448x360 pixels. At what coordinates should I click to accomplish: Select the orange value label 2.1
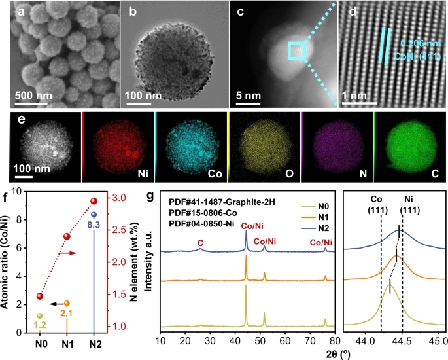(67, 314)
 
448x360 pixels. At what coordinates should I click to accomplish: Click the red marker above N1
(67, 236)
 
